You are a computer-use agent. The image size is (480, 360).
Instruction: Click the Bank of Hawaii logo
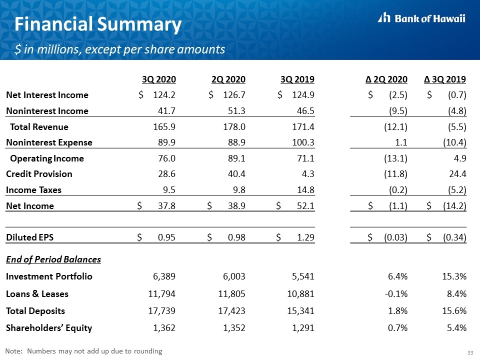coord(421,18)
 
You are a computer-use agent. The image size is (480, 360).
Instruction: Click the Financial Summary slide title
coord(98,25)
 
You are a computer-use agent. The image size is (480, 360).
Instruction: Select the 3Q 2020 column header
coord(159,79)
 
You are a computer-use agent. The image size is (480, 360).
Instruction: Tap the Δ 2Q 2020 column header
coord(386,79)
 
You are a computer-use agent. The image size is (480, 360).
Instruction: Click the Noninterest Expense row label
coord(49,142)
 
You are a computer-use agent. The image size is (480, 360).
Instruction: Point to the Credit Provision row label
coord(39,174)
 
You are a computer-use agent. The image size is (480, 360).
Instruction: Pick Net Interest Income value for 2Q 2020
coord(234,95)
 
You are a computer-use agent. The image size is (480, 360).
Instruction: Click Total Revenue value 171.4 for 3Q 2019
coord(303,126)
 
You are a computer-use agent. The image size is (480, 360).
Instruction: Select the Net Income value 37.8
coord(166,205)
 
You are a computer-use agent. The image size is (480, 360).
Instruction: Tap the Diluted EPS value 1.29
coord(305,237)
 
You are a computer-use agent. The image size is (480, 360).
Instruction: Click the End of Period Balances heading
coord(53,259)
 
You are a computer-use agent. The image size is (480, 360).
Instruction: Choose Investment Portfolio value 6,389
coord(164,276)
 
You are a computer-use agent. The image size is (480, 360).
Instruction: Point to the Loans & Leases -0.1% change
coord(396,294)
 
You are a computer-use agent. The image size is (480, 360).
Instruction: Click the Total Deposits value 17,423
coord(231,311)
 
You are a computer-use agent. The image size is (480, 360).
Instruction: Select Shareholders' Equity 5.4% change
coord(456,328)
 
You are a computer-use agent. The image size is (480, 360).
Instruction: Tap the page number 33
coord(470,352)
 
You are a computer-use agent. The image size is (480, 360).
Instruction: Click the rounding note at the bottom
coord(83,351)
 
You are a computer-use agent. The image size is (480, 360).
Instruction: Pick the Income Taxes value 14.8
coord(305,190)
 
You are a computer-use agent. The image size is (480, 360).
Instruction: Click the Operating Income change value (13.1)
coord(395,158)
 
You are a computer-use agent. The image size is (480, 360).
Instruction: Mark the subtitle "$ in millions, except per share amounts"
coord(119,49)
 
